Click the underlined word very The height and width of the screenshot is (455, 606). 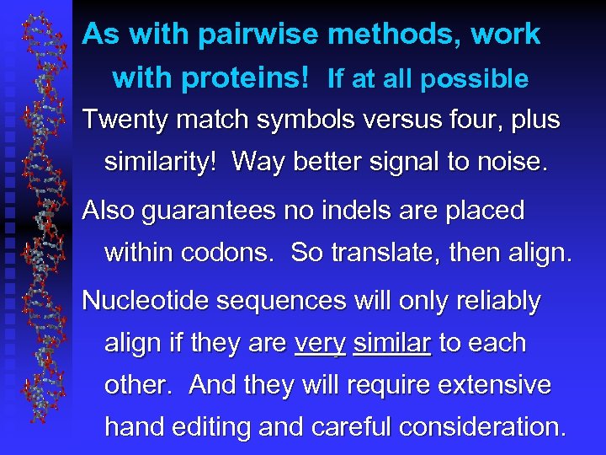[x=320, y=345]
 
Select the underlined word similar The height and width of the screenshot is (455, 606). [x=392, y=343]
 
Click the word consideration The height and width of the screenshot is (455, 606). [x=481, y=427]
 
